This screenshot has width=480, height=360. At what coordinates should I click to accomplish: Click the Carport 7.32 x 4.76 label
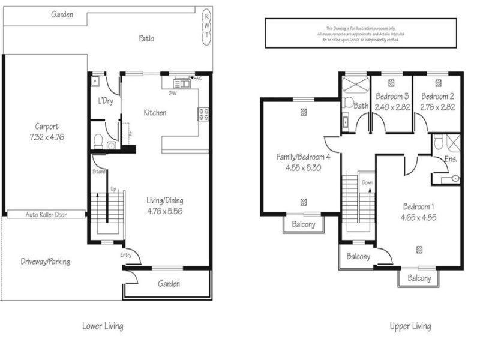pos(46,131)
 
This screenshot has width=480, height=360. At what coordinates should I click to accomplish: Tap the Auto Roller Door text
pos(45,214)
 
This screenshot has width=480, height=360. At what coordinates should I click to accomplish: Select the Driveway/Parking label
pos(45,262)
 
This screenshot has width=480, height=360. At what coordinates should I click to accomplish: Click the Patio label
pos(146,39)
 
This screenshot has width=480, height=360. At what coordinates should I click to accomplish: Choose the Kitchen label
pos(154,113)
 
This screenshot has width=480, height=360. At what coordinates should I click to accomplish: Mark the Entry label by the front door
pos(125,255)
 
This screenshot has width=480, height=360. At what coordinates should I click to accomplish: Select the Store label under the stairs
pos(99,172)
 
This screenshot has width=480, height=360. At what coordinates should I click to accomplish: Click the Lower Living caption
pos(103,326)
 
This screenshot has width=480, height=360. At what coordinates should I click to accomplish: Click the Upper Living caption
pos(410,326)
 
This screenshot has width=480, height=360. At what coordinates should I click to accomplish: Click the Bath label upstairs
pos(360,106)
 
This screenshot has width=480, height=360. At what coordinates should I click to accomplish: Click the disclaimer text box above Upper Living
pos(361,33)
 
